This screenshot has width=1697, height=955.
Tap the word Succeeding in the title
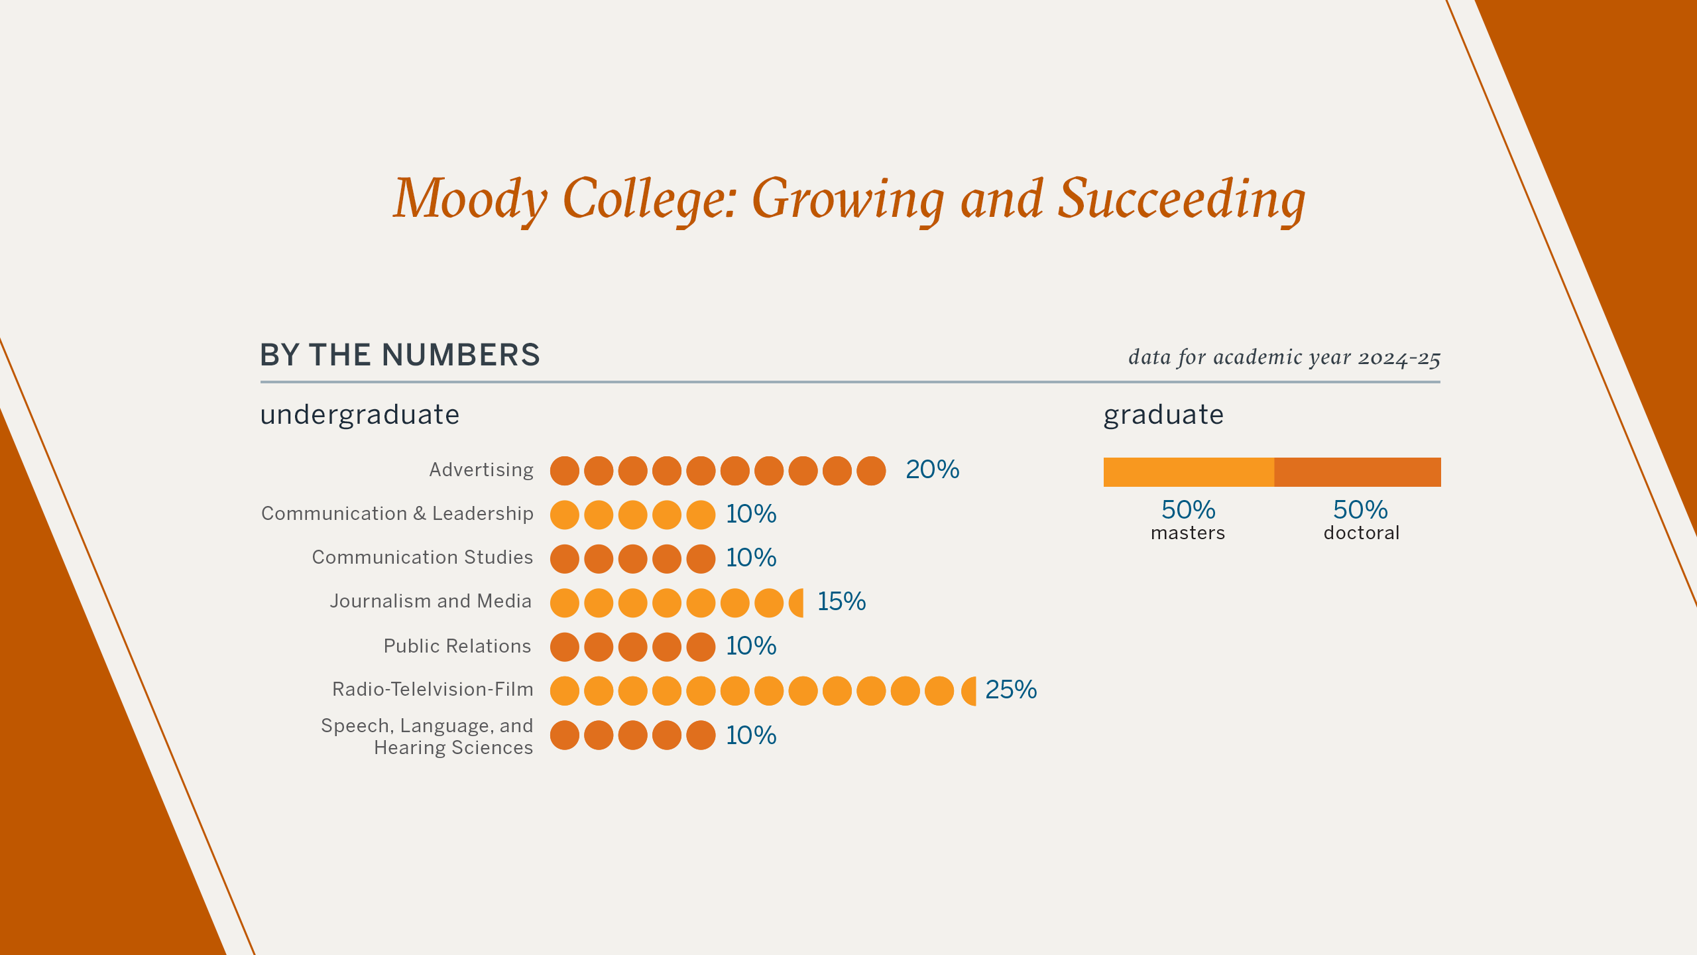1181,199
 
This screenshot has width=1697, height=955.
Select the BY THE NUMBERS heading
400,355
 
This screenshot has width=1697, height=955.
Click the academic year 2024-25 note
1284,357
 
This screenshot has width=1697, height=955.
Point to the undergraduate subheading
359,415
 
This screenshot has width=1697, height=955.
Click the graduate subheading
1163,415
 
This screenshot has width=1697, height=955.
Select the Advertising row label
481,470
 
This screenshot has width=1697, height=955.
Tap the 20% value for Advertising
932,470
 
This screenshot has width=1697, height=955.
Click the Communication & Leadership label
397,513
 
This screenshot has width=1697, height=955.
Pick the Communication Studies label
422,557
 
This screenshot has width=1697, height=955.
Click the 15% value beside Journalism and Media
841,602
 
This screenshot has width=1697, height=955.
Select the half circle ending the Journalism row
797,603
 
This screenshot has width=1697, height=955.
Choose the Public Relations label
457,646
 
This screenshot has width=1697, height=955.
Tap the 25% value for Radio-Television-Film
1011,690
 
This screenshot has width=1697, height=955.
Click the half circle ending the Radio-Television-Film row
970,691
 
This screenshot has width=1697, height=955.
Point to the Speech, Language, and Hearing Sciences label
427,736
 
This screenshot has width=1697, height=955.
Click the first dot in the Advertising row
565,471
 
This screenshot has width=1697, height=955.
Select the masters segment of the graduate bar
1189,472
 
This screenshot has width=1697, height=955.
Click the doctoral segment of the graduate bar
1358,472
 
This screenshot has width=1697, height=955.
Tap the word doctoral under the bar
1362,533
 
